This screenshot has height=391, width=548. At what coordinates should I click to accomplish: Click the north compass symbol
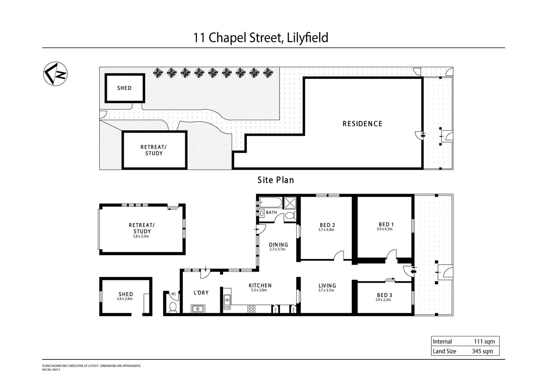coord(55,74)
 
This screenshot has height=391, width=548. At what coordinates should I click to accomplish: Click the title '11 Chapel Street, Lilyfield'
coord(260,38)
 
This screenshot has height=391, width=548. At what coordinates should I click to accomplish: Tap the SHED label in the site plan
coord(124,88)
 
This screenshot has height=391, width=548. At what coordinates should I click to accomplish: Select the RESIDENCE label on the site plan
coord(362,124)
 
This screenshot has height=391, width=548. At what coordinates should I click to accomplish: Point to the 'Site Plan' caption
coord(276,180)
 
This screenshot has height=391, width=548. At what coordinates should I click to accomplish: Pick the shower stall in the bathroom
coord(290,203)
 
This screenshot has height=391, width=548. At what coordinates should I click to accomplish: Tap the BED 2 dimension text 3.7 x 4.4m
coord(326,230)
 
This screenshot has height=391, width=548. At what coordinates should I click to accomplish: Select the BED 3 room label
coord(384,295)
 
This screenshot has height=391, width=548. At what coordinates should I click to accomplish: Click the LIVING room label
coord(327,286)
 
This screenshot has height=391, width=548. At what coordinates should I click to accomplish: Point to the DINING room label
coord(278,245)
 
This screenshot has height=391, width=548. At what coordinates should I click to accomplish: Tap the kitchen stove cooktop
coord(251,309)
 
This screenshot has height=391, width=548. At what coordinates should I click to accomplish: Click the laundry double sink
coord(198,309)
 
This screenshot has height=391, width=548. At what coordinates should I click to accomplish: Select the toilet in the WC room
coord(173,307)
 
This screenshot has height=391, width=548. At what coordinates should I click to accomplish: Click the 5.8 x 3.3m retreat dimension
coord(141,236)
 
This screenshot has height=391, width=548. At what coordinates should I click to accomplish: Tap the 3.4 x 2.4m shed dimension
coord(125,299)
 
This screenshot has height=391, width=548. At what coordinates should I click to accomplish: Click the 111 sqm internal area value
coord(484,341)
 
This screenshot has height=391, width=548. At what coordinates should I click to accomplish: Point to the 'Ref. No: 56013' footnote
coord(51,370)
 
